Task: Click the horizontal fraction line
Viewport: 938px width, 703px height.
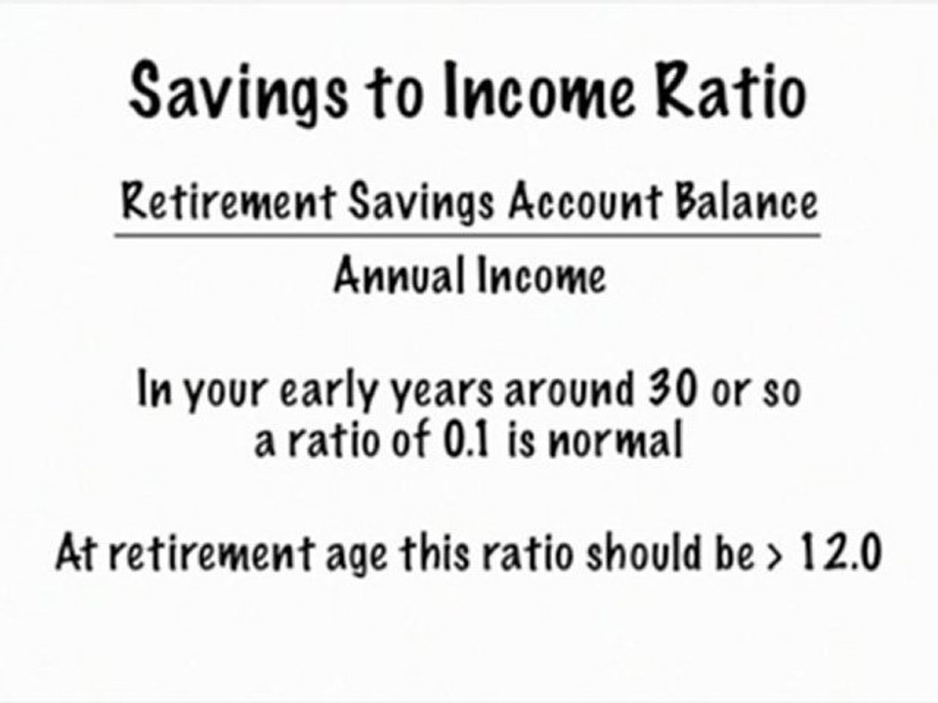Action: (467, 235)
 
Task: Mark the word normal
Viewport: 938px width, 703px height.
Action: (613, 442)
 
